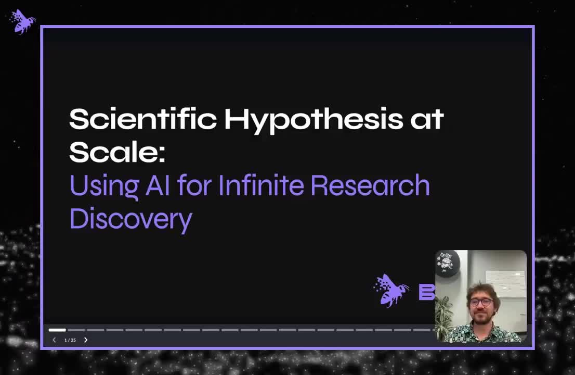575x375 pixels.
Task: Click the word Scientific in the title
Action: pos(142,119)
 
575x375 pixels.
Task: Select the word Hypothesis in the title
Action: pos(313,120)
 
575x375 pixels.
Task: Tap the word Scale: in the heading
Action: pos(116,152)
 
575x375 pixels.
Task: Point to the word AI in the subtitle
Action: pos(158,185)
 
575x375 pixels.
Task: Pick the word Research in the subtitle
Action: pos(370,185)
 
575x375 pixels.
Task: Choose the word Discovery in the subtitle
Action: pos(130,219)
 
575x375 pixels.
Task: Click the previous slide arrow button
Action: pos(54,340)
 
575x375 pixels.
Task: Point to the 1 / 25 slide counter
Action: pos(70,340)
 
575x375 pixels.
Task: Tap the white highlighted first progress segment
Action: pos(57,330)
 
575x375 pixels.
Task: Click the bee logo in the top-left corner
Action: pos(22,21)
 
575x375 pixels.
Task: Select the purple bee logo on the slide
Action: pos(391,290)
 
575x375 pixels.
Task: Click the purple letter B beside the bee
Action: pos(426,292)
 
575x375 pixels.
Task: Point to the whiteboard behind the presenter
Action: pos(505,284)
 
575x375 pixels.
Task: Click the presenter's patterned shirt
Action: pos(483,333)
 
